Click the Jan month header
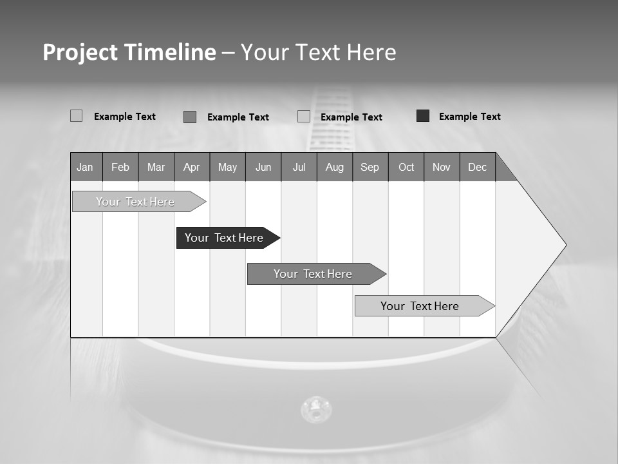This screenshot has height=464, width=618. pyautogui.click(x=85, y=167)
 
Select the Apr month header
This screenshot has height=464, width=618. pyautogui.click(x=191, y=167)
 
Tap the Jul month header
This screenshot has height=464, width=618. pyautogui.click(x=299, y=167)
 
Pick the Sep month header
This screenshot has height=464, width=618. pyautogui.click(x=370, y=167)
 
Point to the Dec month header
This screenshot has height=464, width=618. pyautogui.click(x=477, y=167)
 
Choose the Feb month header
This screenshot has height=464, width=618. pyautogui.click(x=120, y=167)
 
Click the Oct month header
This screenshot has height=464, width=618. pyautogui.click(x=406, y=167)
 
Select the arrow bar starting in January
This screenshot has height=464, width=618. pyautogui.click(x=135, y=202)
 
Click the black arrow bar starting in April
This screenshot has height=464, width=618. pyautogui.click(x=224, y=238)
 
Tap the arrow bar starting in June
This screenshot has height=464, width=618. pyautogui.click(x=313, y=274)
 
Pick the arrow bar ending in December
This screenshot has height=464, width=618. pyautogui.click(x=420, y=306)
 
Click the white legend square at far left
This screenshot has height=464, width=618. pyautogui.click(x=76, y=116)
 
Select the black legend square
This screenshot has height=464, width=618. pyautogui.click(x=423, y=116)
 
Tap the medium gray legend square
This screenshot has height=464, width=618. pyautogui.click(x=190, y=117)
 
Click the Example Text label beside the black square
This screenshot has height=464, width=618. pyautogui.click(x=469, y=117)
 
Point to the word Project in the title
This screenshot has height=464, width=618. pyautogui.click(x=79, y=52)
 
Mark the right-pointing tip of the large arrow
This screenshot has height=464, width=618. pyautogui.click(x=565, y=245)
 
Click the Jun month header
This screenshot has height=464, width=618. pyautogui.click(x=263, y=167)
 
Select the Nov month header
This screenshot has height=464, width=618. pyautogui.click(x=442, y=167)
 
